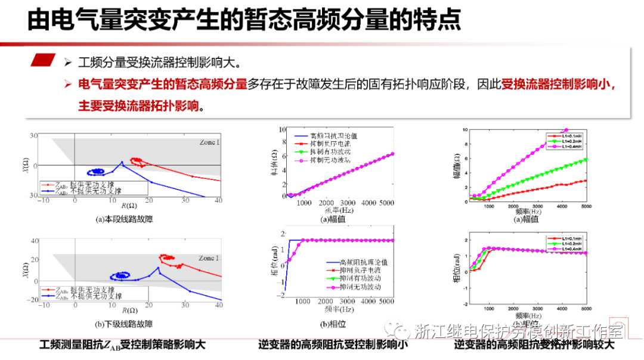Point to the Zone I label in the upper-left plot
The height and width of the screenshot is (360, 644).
click(209, 142)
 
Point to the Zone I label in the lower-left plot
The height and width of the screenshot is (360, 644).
click(209, 258)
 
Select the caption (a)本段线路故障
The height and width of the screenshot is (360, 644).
click(124, 219)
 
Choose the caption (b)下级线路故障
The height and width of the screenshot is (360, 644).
click(124, 324)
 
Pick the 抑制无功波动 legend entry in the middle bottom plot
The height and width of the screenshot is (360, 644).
click(360, 287)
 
